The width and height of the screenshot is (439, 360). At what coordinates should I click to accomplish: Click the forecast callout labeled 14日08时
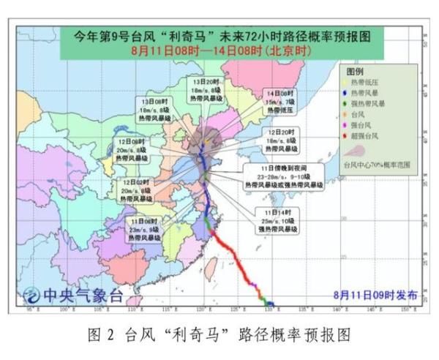point(279,103)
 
